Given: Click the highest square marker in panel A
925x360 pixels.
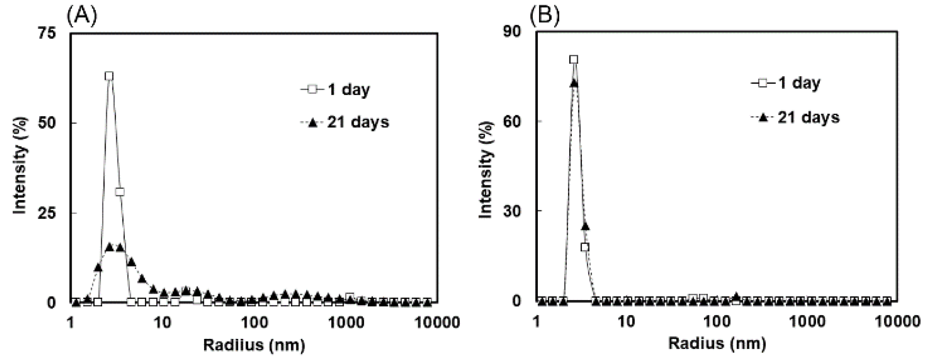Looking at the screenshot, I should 109,76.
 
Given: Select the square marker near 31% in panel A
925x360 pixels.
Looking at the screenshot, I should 120,192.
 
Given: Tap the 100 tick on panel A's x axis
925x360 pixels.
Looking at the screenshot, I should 254,323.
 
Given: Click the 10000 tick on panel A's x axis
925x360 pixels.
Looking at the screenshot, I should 438,323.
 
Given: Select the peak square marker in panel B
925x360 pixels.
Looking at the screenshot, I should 574,60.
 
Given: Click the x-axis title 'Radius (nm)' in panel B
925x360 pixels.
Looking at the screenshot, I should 717,344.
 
